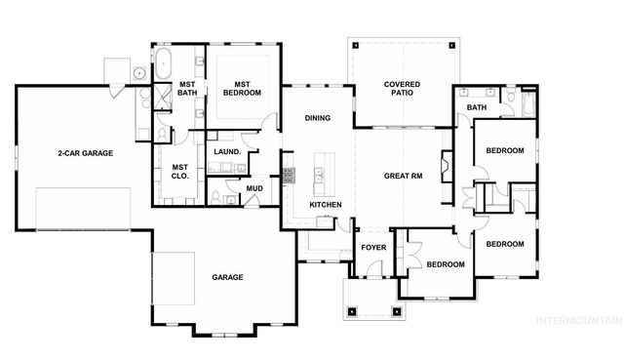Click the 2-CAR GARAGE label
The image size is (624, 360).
[x=85, y=153]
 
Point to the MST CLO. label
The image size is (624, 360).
[x=179, y=172]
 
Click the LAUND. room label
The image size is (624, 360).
[x=228, y=152]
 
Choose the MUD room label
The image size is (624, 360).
[x=253, y=188]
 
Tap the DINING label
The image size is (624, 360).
[x=317, y=118]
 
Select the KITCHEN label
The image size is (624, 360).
[x=326, y=205]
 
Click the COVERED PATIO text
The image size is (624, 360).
[x=402, y=91]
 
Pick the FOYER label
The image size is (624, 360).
[x=374, y=247]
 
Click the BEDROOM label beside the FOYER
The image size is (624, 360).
[x=445, y=263]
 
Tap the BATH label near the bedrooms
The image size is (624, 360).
[x=477, y=107]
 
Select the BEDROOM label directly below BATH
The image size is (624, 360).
[x=505, y=151]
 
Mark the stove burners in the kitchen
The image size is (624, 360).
[x=288, y=176]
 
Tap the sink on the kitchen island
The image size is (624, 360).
[x=318, y=178]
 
